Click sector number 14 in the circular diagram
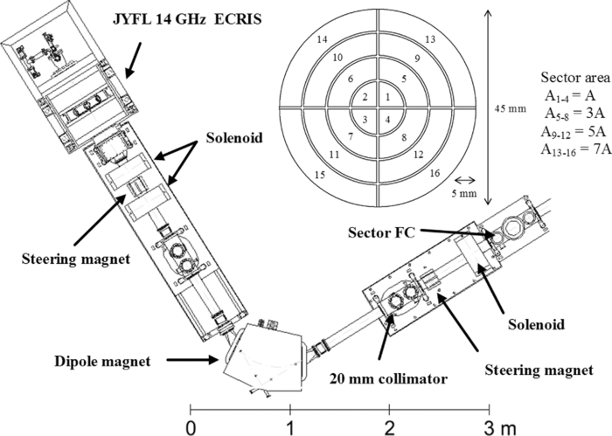[322, 40]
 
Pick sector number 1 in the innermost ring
[387, 97]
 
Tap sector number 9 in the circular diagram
[418, 58]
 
